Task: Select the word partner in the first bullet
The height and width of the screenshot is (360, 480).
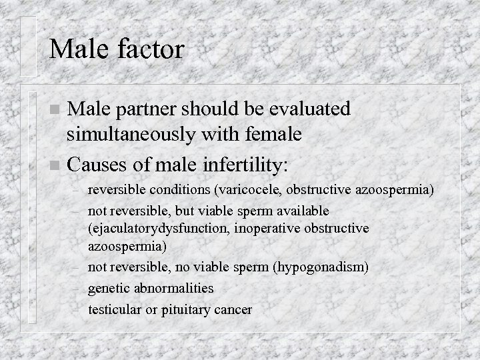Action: pos(147,109)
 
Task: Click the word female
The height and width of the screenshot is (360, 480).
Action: pos(271,135)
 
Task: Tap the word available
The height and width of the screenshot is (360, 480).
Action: pos(301,211)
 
